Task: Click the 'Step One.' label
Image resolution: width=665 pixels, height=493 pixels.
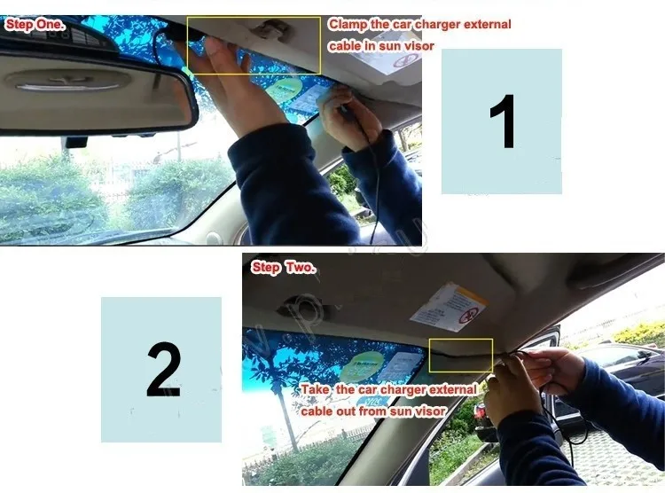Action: tap(35, 25)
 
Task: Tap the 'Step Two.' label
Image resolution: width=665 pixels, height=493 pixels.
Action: tap(283, 267)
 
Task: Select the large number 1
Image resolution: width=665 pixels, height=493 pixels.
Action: tap(502, 122)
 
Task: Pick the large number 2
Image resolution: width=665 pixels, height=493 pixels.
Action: tap(161, 369)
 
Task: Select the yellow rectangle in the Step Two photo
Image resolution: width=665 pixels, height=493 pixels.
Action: tap(460, 355)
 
